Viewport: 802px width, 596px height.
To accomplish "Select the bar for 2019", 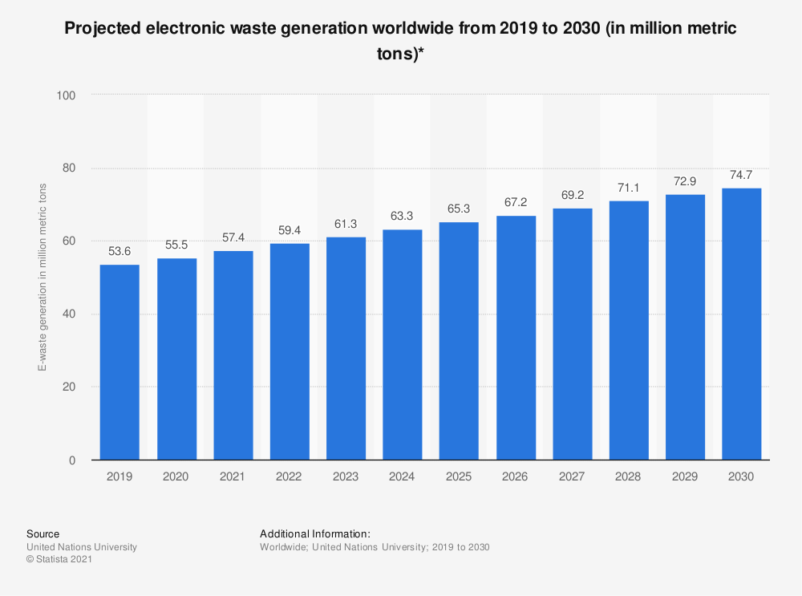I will pos(119,363).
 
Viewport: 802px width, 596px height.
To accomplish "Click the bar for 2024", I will pos(403,345).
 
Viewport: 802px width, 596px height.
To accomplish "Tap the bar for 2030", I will pos(742,324).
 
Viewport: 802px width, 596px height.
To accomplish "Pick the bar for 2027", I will pos(573,334).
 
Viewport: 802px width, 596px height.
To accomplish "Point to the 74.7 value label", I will pos(742,176).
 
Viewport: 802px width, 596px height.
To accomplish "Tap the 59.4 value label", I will pos(290,231).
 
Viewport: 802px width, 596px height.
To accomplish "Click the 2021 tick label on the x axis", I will pos(233,476).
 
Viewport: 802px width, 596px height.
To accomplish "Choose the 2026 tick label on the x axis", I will pos(516,476).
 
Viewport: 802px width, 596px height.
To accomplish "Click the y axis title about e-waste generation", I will pos(42,278).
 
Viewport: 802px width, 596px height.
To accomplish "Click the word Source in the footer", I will pos(43,533).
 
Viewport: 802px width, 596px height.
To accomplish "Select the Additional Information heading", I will pos(314,533).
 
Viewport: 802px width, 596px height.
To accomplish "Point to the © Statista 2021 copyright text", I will pos(59,560).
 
